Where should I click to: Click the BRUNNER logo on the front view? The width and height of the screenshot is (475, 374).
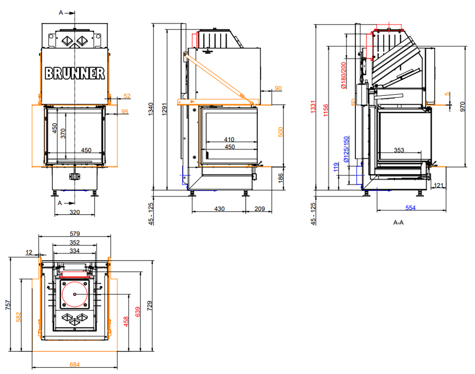(75, 73)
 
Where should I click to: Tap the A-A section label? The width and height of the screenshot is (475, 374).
(398, 223)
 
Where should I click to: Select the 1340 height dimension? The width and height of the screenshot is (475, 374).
(151, 109)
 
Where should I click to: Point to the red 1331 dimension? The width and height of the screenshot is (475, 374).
(313, 107)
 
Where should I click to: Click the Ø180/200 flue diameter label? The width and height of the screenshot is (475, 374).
(344, 75)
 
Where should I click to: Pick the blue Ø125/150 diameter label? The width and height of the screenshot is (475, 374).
(346, 149)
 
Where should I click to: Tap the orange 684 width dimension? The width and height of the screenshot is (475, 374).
(75, 364)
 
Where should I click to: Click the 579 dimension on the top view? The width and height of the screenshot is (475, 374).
(75, 233)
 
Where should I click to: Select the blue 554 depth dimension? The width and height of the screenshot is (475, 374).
(411, 208)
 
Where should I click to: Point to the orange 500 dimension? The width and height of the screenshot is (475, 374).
(281, 132)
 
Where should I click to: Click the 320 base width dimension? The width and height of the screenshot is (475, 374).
(75, 212)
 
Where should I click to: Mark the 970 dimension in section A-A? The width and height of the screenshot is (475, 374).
(462, 107)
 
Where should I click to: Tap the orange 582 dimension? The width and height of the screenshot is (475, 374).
(19, 317)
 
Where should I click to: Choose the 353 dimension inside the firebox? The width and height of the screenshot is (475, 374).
(399, 150)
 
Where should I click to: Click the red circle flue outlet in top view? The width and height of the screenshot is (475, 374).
(75, 294)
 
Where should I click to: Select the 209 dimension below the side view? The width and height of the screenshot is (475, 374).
(260, 209)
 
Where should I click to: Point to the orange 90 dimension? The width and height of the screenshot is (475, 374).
(278, 88)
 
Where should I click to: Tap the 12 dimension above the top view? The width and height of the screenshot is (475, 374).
(29, 252)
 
